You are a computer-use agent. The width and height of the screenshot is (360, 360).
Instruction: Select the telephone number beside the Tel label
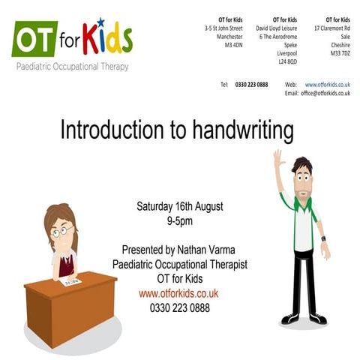pyautogui.click(x=251, y=85)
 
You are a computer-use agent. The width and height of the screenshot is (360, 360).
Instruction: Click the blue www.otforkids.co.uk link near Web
pyautogui.click(x=327, y=85)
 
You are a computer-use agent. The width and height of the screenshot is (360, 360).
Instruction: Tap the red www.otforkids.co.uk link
pyautogui.click(x=178, y=293)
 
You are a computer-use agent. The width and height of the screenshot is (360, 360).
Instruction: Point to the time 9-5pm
pyautogui.click(x=180, y=220)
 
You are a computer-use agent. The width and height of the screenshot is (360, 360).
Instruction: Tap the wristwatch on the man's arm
pyautogui.click(x=323, y=238)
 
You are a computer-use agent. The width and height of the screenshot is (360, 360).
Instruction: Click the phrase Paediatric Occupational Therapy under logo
pyautogui.click(x=72, y=66)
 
